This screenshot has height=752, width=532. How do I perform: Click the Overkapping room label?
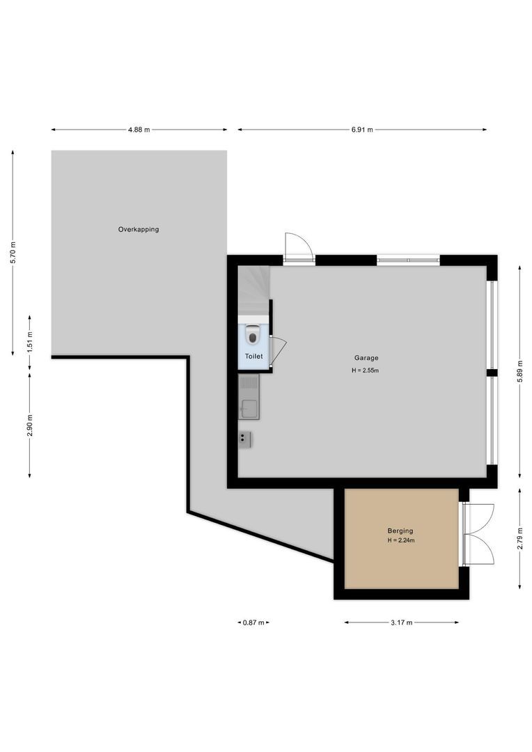(138, 229)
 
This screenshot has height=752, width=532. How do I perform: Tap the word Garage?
(366, 358)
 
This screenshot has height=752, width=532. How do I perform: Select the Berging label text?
(400, 531)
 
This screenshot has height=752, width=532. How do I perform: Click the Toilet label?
(253, 357)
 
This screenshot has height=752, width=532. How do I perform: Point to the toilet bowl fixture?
(253, 336)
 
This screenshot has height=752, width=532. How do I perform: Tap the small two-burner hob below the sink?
(245, 438)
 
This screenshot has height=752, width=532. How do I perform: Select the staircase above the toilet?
(253, 290)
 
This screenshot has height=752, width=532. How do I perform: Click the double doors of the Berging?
(479, 533)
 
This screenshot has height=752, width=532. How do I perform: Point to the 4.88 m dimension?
(139, 130)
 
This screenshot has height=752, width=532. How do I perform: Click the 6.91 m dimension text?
(361, 130)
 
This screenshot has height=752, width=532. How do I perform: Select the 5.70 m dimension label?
(13, 253)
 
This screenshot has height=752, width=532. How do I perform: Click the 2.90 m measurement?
(29, 425)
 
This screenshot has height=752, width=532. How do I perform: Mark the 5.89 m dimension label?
(519, 373)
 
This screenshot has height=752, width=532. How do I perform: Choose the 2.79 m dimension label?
(519, 538)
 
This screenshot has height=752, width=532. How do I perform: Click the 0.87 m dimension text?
(253, 622)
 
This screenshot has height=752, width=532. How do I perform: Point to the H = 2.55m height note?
(366, 370)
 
